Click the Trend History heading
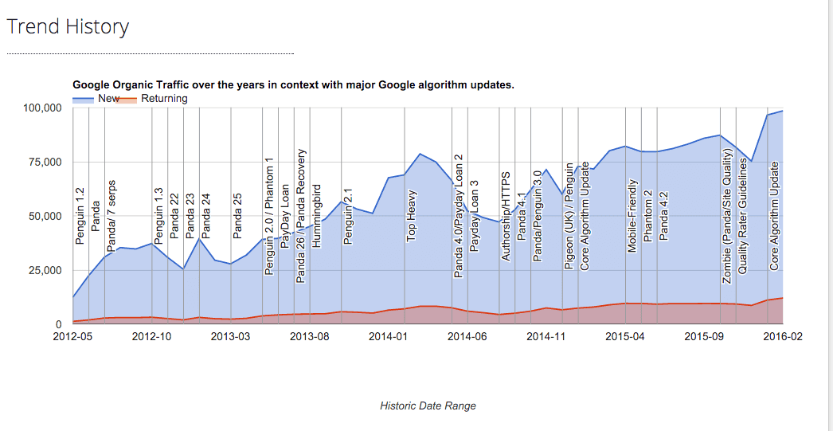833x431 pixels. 68,26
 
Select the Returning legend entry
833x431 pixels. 164,99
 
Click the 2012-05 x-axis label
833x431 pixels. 73,337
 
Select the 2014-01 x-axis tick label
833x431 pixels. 389,337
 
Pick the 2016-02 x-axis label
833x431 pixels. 782,337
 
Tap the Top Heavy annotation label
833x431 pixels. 412,216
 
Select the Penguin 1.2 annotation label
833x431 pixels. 80,215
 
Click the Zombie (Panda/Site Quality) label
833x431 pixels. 727,215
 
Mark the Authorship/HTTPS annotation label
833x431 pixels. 506,215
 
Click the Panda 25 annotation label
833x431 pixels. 237,215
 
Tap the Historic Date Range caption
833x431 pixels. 428,406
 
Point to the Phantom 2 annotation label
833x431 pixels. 648,215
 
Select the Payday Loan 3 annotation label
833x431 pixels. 475,215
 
